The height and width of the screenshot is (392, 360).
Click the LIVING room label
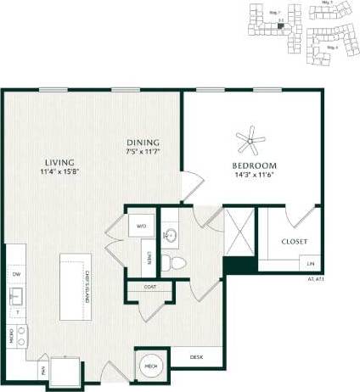point(59,161)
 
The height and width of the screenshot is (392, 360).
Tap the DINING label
point(143,142)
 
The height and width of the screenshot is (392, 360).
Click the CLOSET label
point(295,241)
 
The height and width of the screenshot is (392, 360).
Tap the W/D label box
point(141,227)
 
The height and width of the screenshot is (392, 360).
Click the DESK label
point(196,357)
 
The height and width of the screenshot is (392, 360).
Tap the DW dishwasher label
point(15,274)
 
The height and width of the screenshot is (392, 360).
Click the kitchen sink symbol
point(15,297)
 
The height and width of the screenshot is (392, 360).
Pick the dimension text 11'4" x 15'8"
point(59,172)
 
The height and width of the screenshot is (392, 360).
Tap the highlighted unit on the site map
point(279,27)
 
